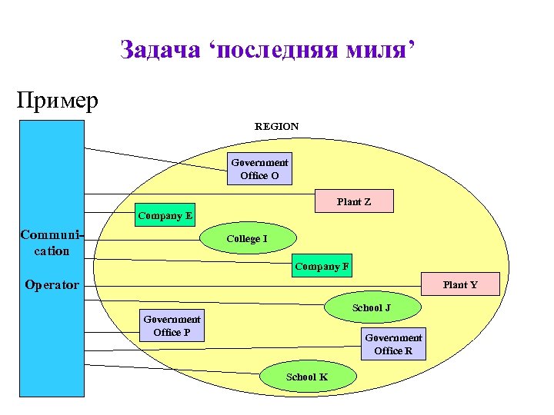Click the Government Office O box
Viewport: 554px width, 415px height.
(260, 169)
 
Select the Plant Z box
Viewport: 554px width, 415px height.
(354, 201)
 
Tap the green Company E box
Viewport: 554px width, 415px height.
(165, 215)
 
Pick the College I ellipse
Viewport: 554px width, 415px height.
(246, 238)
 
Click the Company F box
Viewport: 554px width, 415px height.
(322, 267)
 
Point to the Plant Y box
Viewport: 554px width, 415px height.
(460, 284)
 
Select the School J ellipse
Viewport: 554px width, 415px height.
(372, 307)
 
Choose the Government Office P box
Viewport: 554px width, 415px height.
(172, 326)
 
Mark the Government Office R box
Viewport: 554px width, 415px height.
(393, 344)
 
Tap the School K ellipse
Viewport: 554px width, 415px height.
(308, 377)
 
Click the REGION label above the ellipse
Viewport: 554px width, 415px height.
(277, 126)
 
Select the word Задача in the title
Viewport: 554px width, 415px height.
(159, 51)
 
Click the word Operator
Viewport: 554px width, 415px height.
(52, 285)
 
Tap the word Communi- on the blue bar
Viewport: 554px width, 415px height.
(52, 234)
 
